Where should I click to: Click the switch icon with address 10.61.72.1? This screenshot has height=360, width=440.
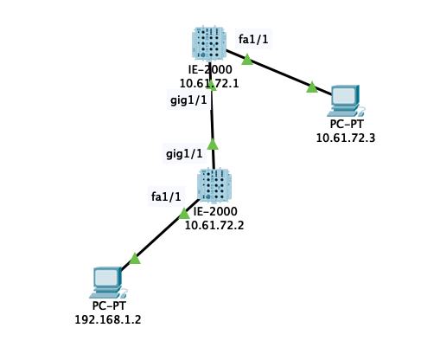click(209, 44)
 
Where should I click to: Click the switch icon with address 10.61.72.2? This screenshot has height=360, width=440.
click(214, 184)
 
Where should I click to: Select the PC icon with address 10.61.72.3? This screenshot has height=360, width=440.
click(344, 100)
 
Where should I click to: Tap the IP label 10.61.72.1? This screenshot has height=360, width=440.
click(208, 84)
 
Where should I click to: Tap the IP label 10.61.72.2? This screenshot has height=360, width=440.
click(214, 225)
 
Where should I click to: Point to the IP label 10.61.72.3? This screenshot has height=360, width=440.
click(345, 138)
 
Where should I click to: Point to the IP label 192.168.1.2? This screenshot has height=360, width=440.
click(108, 319)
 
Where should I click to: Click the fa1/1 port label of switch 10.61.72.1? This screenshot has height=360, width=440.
click(253, 39)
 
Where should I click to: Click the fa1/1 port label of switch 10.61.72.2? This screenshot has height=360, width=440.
click(165, 197)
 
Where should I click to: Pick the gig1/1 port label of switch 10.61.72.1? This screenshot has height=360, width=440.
click(188, 100)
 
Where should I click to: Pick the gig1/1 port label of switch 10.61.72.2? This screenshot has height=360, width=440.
click(184, 154)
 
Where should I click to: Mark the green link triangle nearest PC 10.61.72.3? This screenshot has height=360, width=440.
click(311, 87)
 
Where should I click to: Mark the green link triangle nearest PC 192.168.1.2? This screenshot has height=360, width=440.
click(135, 258)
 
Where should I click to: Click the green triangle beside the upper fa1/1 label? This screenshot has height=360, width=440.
click(246, 60)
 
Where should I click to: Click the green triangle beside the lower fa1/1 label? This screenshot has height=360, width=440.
click(184, 213)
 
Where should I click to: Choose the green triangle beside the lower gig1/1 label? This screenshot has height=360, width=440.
click(213, 144)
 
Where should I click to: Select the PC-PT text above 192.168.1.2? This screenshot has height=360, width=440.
click(108, 306)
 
